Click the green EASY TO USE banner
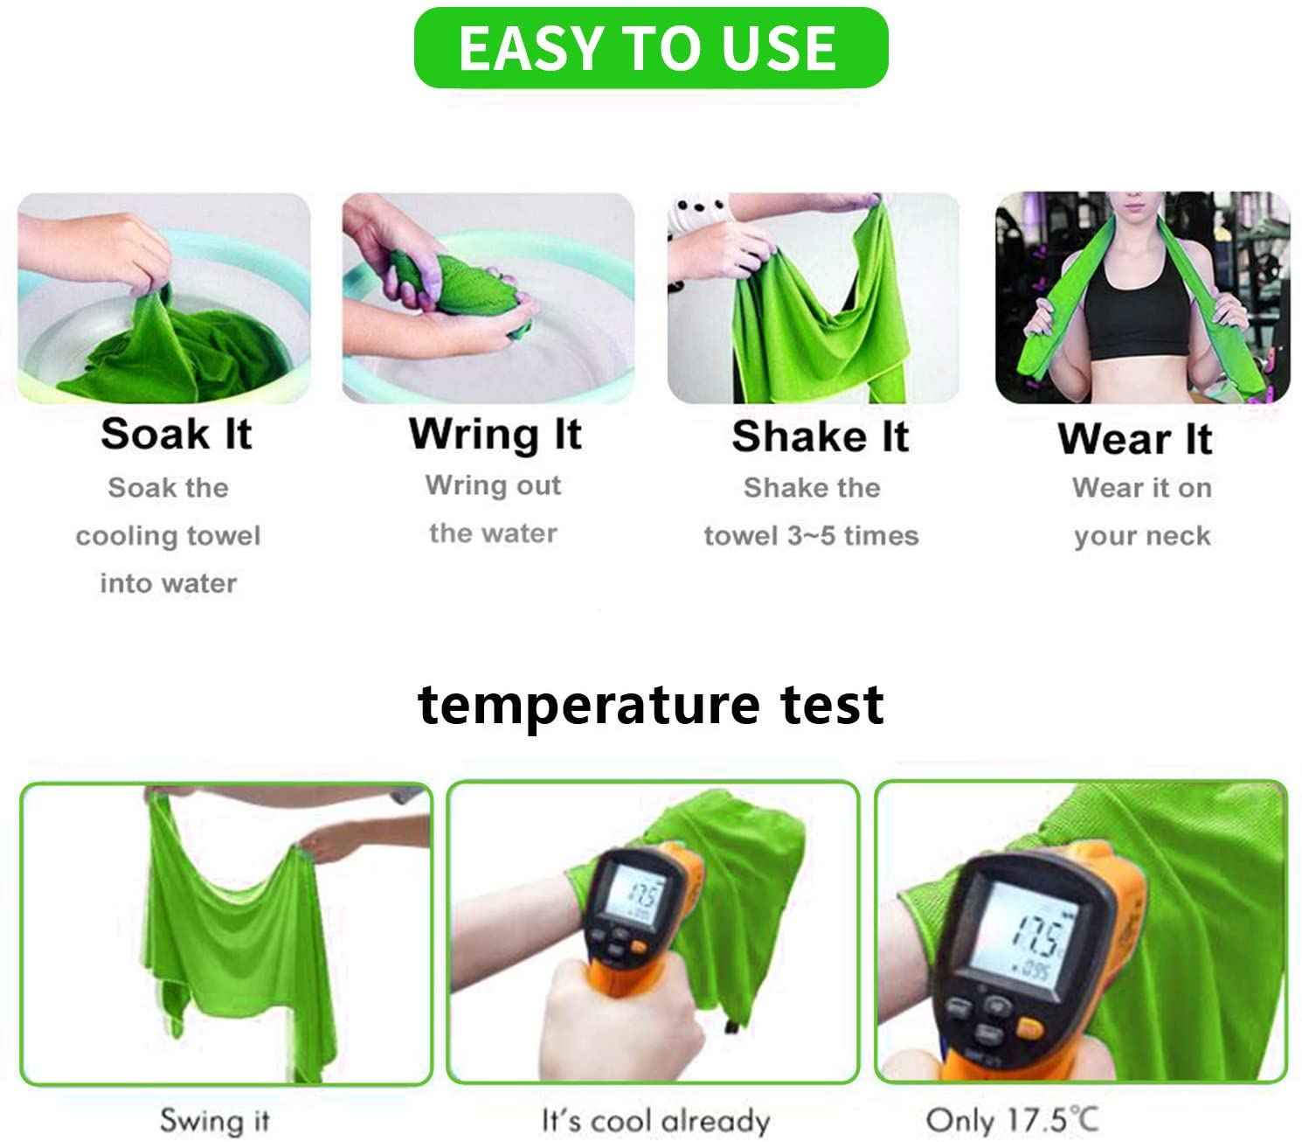click(x=650, y=47)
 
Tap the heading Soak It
click(x=177, y=434)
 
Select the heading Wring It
click(x=495, y=435)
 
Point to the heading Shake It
click(x=820, y=436)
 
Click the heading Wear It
click(x=1135, y=439)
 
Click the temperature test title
click(x=650, y=706)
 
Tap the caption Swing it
click(x=215, y=1121)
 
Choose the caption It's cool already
click(x=655, y=1121)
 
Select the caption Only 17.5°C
click(x=1012, y=1120)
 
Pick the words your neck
click(x=1142, y=536)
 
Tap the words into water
click(x=169, y=584)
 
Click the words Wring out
click(x=493, y=485)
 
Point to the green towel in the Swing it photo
click(x=238, y=945)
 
